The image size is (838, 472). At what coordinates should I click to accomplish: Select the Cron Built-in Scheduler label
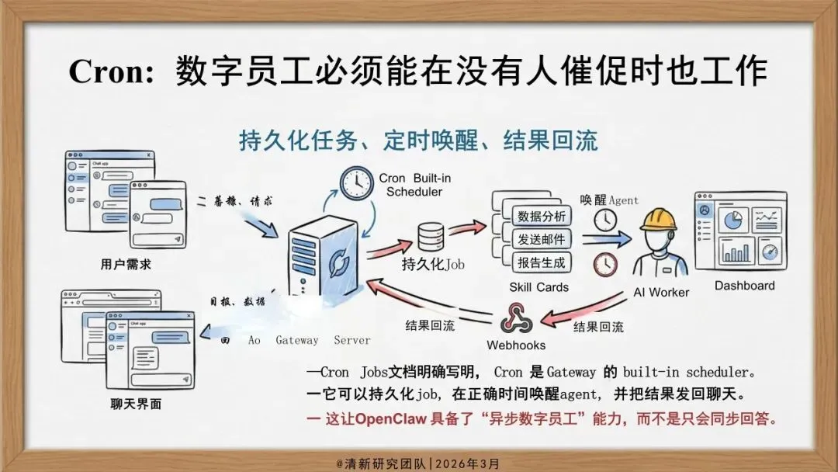[414, 185]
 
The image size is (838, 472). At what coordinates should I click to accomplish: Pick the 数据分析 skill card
[542, 216]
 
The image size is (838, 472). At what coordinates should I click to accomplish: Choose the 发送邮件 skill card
[542, 238]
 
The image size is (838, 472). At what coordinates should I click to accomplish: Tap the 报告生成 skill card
[542, 262]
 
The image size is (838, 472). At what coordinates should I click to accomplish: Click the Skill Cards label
[538, 287]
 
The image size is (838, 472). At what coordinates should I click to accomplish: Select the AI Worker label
[661, 293]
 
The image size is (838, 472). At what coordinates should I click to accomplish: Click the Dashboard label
[744, 286]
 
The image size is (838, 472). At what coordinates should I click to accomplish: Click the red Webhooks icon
[515, 319]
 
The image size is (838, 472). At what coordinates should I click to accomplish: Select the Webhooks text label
[516, 345]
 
